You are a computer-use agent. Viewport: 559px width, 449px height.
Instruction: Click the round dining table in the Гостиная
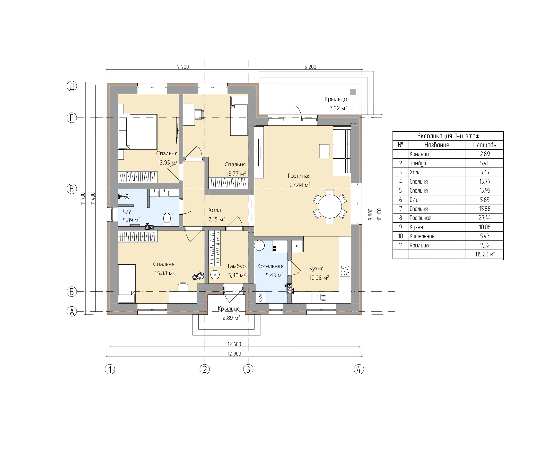tap(330, 207)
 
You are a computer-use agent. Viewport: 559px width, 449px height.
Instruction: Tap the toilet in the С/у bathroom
tap(167, 219)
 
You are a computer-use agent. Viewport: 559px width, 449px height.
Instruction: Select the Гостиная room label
tap(299, 176)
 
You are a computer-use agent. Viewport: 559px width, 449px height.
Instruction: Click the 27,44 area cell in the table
tap(485, 218)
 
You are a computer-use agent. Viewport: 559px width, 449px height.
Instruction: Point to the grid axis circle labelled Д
tap(72, 86)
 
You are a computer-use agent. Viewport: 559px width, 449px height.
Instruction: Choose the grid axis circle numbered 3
tap(248, 369)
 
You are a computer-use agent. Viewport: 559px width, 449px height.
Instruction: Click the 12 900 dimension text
tap(234, 354)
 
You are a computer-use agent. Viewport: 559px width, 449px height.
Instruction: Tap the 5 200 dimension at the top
tap(310, 67)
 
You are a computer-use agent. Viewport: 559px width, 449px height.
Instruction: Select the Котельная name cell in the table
tap(437, 236)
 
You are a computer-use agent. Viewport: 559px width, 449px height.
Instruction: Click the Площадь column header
tap(485, 145)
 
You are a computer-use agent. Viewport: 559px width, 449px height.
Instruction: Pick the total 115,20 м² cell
tap(485, 254)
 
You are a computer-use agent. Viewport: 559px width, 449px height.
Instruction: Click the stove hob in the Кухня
tap(345, 270)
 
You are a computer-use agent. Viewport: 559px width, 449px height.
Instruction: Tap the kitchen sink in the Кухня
tap(319, 298)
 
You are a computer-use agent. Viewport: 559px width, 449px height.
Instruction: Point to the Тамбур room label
tap(236, 266)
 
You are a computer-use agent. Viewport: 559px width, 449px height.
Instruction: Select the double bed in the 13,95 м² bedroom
tap(138, 132)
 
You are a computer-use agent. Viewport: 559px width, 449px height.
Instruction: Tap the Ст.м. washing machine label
tap(260, 297)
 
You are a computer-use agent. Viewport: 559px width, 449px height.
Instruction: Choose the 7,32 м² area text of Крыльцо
tap(338, 108)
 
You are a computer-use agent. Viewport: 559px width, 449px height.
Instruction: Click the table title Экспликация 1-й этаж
tap(448, 136)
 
